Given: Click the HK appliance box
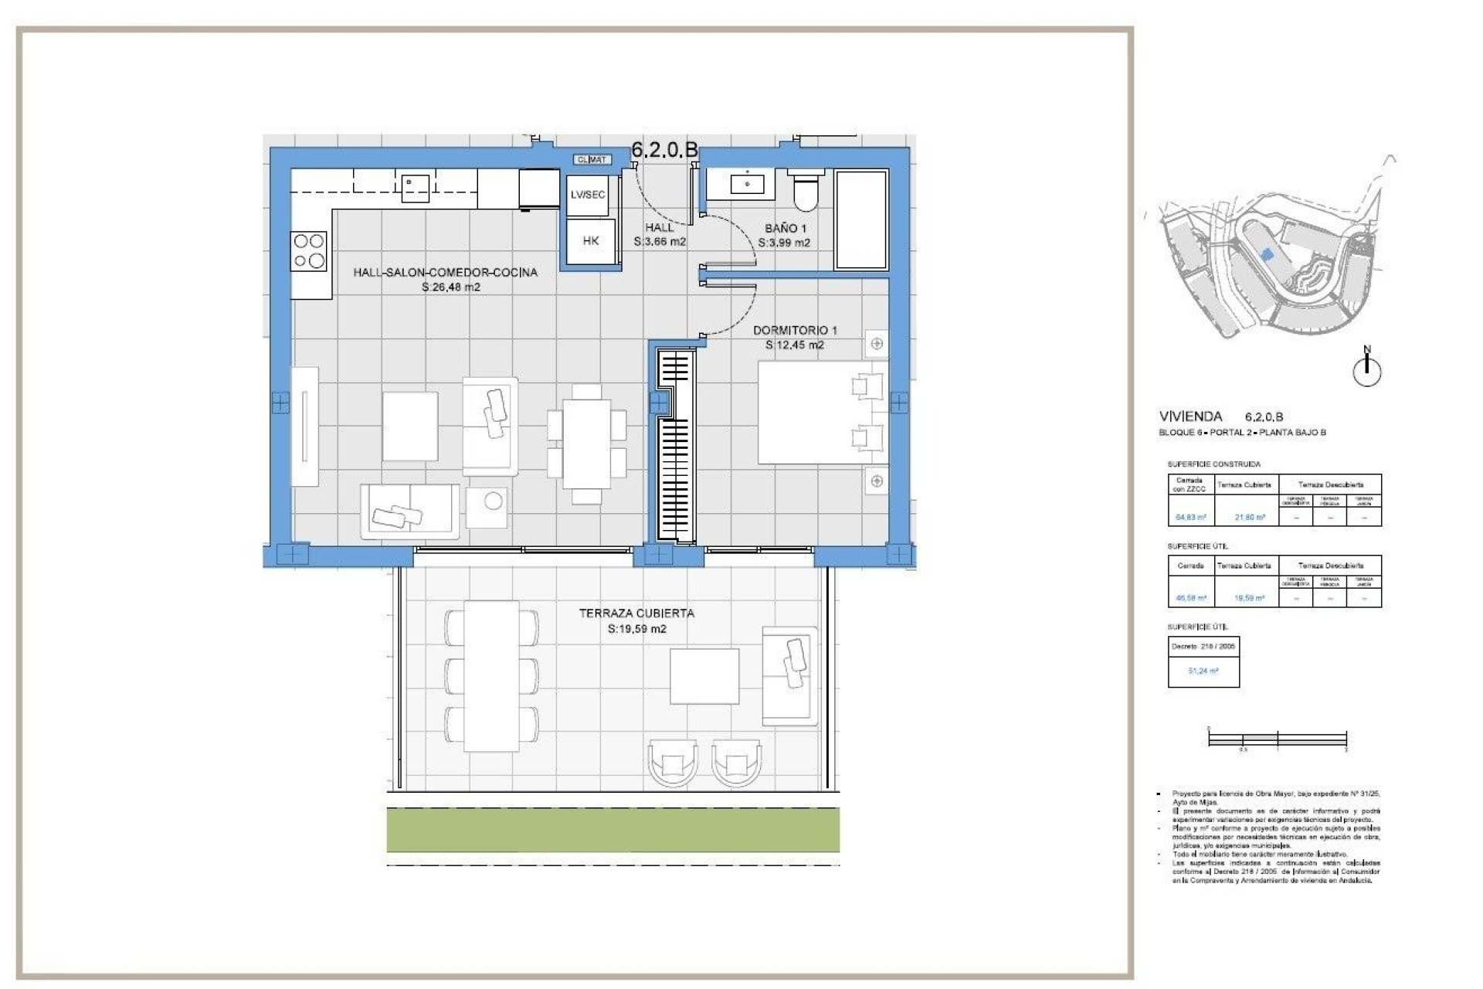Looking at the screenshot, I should pyautogui.click(x=591, y=241).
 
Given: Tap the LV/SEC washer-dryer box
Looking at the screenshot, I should pyautogui.click(x=588, y=195).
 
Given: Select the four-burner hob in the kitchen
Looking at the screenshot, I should pyautogui.click(x=309, y=252).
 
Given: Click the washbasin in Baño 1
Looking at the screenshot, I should pyautogui.click(x=747, y=184).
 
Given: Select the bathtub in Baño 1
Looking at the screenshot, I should pyautogui.click(x=861, y=219).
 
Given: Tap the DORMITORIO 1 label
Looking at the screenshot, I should pyautogui.click(x=795, y=330).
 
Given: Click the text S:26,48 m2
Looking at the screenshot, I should pyautogui.click(x=451, y=287).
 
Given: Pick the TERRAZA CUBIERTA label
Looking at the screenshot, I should pyautogui.click(x=636, y=613).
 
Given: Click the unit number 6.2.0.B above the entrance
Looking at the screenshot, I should pyautogui.click(x=664, y=150).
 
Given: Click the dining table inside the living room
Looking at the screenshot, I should pyautogui.click(x=586, y=444).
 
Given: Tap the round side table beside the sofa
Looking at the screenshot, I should pyautogui.click(x=492, y=502).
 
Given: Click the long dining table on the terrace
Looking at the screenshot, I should pyautogui.click(x=491, y=675).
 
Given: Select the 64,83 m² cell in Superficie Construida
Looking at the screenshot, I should pyautogui.click(x=1190, y=517).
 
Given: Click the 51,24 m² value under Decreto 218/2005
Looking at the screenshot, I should pyautogui.click(x=1203, y=671).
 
